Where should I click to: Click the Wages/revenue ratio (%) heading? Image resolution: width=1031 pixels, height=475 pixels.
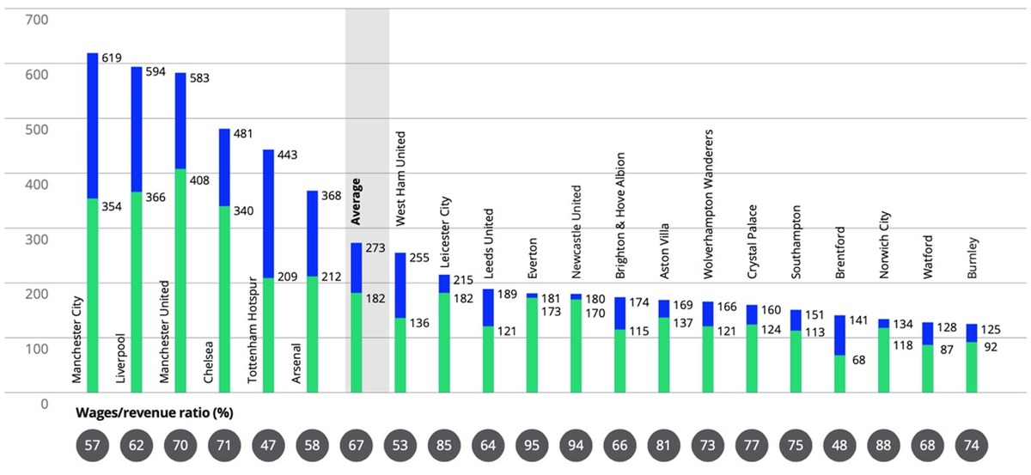[x=155, y=412]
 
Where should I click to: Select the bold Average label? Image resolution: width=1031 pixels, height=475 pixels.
[x=357, y=201]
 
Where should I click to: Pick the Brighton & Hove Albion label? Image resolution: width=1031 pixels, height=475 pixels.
[x=620, y=215]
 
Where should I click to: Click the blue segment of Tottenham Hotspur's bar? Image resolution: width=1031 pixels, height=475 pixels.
[x=268, y=214]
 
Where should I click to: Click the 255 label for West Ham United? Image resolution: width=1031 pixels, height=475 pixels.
[x=420, y=257]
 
